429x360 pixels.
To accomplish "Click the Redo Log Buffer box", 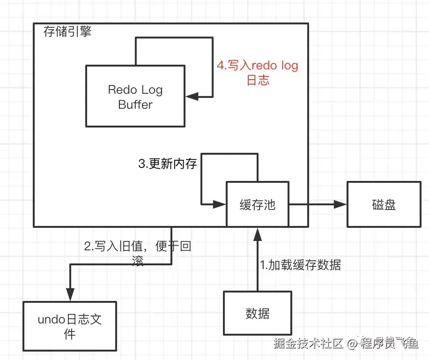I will pos(135,96).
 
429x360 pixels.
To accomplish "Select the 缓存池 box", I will pos(257,204).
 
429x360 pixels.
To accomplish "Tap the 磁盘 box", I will pos(384,204).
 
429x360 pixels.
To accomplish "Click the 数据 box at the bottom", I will pos(257,313).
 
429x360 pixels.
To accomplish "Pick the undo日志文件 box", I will pos(70,326).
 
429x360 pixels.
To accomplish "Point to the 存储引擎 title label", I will pos(67,32).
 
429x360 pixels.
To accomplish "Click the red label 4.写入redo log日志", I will pos(257,73).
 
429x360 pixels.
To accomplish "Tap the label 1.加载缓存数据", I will pos(300,265).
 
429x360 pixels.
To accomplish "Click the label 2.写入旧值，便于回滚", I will pos(137,253).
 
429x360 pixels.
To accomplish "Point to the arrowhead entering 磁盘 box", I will pos(340,204).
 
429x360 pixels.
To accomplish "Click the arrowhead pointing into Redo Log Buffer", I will pos(192,97).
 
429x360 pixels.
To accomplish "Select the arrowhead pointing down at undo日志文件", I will pos(70,296).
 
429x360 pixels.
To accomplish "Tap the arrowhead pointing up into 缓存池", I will pos(257,232).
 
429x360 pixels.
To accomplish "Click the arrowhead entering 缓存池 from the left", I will pos(220,204).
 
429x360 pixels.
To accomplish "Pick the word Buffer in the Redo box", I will pos(135,105).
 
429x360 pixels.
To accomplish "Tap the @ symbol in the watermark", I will pos(353,344).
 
